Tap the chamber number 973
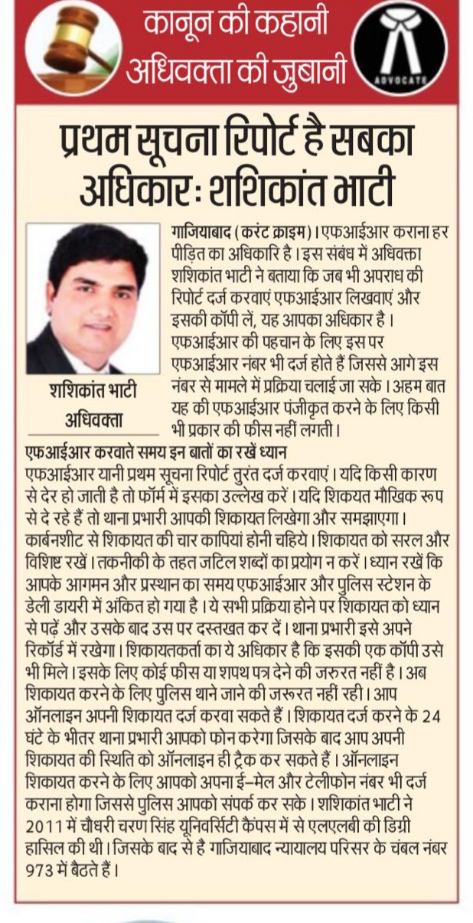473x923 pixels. pyautogui.click(x=39, y=869)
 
